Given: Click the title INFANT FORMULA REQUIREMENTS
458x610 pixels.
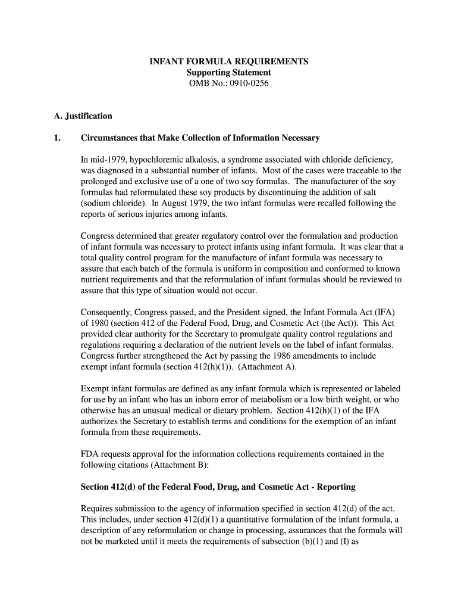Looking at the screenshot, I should (228, 61).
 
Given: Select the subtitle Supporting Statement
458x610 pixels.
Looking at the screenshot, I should (228, 73).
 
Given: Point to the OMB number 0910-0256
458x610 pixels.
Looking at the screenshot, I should (245, 83).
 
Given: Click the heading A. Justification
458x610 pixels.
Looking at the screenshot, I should (83, 116).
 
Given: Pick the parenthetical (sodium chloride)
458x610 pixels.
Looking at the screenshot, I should (111, 203).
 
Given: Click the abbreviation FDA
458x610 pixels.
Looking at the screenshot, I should (90, 454).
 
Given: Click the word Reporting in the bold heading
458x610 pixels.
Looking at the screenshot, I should (337, 487).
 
